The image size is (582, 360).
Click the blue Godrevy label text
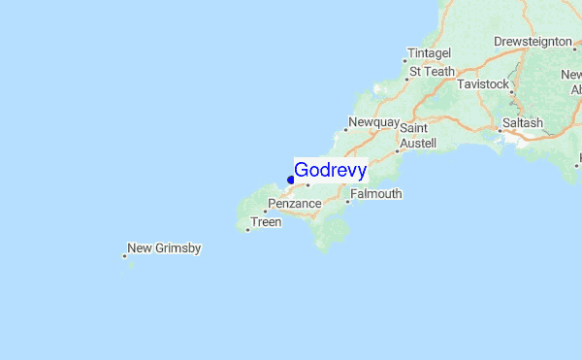pos(330,171)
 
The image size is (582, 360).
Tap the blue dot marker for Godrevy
pos(291,180)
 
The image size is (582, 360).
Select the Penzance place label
pos(295,205)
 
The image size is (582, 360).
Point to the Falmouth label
pos(376,194)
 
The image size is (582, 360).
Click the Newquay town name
pos(374,122)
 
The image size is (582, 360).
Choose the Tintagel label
pos(430,52)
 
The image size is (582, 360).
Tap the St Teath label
pos(433,71)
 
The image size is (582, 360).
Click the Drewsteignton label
pos(533,42)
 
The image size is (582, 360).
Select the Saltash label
pos(523,123)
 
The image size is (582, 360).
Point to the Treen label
pos(266,222)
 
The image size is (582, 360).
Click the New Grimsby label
pos(165,248)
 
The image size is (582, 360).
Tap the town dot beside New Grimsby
pos(125,256)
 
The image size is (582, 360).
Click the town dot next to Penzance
pos(265,212)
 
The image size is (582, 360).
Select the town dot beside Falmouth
pos(347,202)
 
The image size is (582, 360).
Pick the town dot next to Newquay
pos(346,129)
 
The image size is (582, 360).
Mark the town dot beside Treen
pos(247,230)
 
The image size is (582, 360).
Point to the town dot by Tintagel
pos(404,60)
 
